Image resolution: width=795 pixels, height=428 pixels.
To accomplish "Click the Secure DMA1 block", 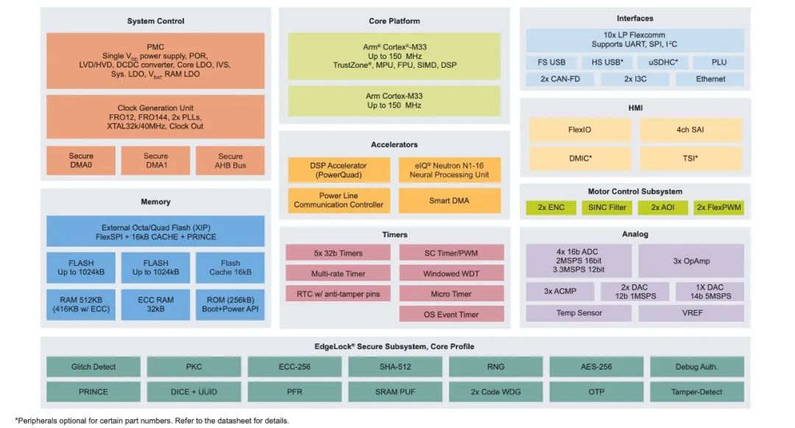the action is click(155, 161).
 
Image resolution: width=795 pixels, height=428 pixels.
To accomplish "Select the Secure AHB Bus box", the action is click(230, 161).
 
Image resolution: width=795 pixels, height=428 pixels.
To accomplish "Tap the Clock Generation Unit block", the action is click(155, 116).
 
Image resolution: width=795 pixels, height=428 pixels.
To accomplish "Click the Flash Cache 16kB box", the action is click(230, 267).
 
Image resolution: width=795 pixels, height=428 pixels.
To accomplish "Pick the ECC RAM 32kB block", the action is click(155, 304).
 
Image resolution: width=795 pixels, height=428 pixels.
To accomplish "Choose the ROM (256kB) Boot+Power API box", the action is click(230, 304).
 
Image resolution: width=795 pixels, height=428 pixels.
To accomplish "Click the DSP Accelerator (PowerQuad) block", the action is click(339, 170).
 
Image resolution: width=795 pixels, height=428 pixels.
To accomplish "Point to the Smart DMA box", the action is click(449, 200).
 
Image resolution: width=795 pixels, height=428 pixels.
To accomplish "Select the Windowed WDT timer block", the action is click(451, 273).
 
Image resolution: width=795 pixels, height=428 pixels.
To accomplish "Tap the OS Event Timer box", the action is click(451, 315).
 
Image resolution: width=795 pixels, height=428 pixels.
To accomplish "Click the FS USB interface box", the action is click(551, 63).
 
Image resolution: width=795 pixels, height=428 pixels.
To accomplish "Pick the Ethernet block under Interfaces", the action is click(710, 79).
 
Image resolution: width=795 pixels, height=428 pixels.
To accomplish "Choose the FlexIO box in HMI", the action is click(579, 130).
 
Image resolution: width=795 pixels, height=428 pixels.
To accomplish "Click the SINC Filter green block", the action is click(607, 208).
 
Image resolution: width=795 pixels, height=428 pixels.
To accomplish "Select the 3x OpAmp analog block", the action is click(691, 261).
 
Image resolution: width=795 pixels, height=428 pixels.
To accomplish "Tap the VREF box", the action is click(691, 313).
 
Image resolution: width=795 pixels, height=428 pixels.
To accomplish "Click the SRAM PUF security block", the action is click(395, 392).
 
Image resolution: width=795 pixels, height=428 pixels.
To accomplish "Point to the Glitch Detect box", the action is click(93, 367).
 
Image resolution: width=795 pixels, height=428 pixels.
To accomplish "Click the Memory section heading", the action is click(155, 202).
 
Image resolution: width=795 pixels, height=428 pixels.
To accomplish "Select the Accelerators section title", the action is click(395, 144).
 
